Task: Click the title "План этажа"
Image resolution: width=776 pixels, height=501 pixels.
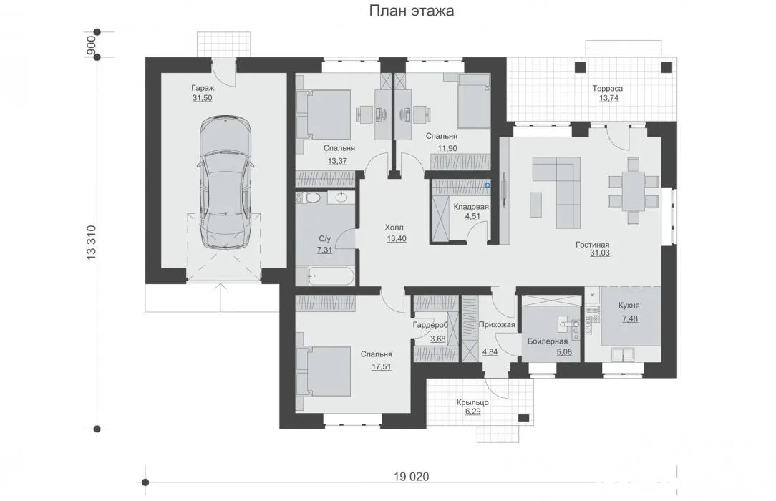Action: click(x=411, y=11)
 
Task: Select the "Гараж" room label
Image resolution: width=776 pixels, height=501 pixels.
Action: click(x=203, y=88)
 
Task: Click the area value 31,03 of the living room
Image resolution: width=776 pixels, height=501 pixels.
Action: click(x=600, y=253)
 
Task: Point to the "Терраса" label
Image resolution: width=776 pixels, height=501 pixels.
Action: click(x=608, y=89)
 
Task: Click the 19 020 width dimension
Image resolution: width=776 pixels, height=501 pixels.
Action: click(x=411, y=476)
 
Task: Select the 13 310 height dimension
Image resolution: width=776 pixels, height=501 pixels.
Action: click(x=92, y=243)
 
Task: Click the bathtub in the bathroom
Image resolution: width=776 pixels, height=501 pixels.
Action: click(x=331, y=276)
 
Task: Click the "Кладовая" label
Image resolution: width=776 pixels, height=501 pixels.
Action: click(x=470, y=207)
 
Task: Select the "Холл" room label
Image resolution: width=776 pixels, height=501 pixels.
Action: click(x=394, y=228)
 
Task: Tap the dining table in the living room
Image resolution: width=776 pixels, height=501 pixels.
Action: click(x=634, y=190)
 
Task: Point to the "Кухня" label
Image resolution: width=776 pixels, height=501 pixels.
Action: click(x=629, y=306)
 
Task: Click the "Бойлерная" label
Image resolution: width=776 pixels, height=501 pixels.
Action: click(x=548, y=341)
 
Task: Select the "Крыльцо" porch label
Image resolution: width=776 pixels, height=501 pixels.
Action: click(x=472, y=402)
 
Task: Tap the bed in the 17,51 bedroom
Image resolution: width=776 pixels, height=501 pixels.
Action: click(x=324, y=371)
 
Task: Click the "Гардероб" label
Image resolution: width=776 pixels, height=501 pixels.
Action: click(x=430, y=326)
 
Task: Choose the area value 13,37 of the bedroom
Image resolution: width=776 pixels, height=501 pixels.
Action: click(x=337, y=161)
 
